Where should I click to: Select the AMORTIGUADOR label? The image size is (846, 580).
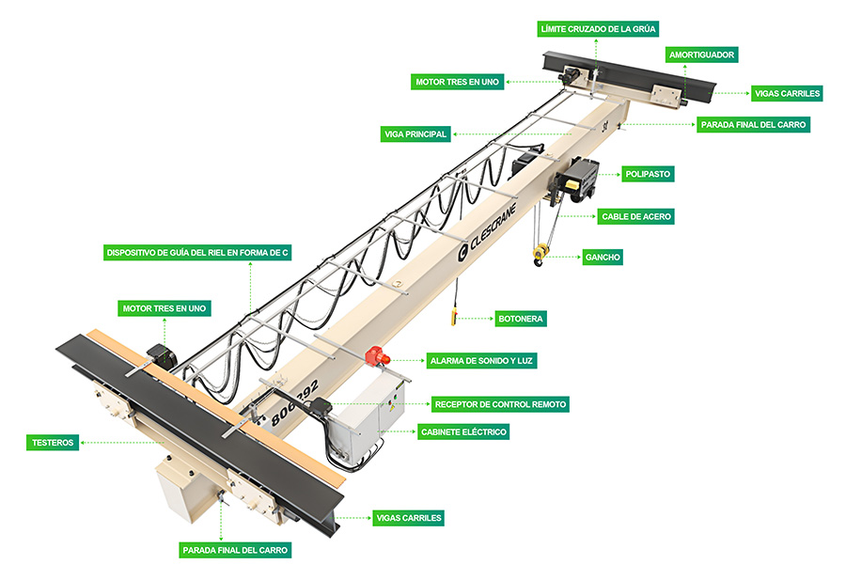click(x=701, y=55)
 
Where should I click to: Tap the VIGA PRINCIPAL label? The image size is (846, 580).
click(x=416, y=133)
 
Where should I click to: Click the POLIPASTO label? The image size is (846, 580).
click(x=649, y=174)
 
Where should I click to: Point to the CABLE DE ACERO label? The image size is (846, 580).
click(x=636, y=216)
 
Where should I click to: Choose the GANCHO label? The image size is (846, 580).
click(x=603, y=257)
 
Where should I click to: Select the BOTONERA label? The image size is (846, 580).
click(x=520, y=319)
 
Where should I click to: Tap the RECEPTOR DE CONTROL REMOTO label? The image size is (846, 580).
click(x=500, y=404)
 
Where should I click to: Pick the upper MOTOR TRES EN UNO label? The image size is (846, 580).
click(x=457, y=82)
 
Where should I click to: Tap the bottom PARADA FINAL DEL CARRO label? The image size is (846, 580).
click(x=236, y=550)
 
